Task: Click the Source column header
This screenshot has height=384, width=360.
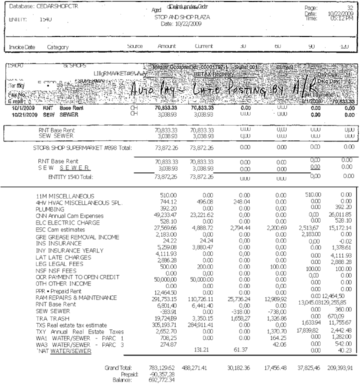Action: [x=135, y=46]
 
